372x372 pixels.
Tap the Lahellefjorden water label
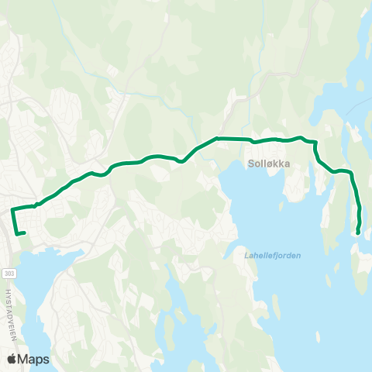click(267, 255)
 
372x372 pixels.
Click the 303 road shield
click(9, 274)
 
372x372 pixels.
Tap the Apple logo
click(12, 359)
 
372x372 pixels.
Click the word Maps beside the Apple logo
click(34, 359)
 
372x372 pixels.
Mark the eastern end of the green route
click(358, 232)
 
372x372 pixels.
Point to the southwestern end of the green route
click(25, 232)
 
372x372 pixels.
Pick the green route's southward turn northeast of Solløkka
click(316, 143)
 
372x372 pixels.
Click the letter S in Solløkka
click(252, 164)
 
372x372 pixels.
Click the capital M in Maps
click(24, 359)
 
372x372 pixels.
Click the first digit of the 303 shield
click(6, 274)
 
